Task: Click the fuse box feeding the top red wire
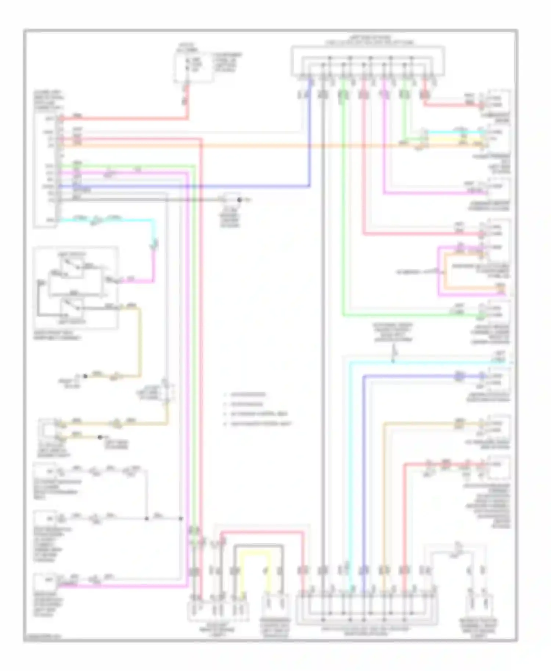click(x=192, y=68)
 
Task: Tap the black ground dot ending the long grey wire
click(x=239, y=200)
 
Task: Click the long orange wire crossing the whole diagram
click(x=257, y=146)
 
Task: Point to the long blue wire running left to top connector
click(x=184, y=186)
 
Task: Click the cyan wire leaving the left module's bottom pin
click(x=110, y=220)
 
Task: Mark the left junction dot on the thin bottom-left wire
click(x=147, y=519)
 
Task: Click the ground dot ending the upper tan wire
click(x=85, y=376)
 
